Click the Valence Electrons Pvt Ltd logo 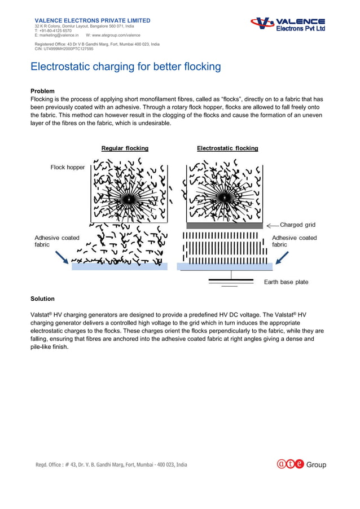coord(288,24)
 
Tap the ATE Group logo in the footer coord(301,464)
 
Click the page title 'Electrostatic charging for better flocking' coord(125,67)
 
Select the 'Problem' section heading coord(42,90)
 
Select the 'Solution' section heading coord(42,299)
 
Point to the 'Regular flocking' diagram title coord(125,148)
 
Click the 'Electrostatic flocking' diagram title coord(227,148)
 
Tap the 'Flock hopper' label coord(67,168)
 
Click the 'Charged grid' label coord(297,225)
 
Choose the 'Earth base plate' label coord(286,282)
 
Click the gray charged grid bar coord(225,225)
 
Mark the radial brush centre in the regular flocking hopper coord(129,200)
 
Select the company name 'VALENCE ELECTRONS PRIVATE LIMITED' coord(93,20)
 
